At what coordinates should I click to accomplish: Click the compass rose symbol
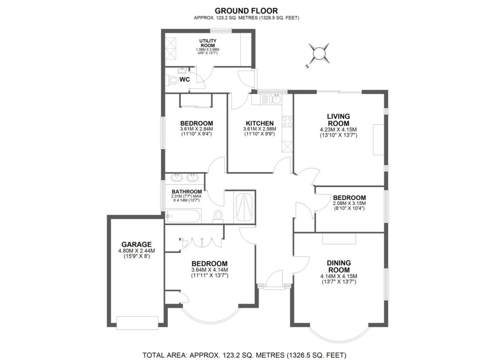pyautogui.click(x=319, y=53)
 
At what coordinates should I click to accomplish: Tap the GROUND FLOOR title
pyautogui.click(x=247, y=11)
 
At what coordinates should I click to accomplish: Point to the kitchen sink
pyautogui.click(x=275, y=99)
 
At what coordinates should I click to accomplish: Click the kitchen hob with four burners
pyautogui.click(x=288, y=121)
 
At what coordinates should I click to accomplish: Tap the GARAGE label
pyautogui.click(x=136, y=245)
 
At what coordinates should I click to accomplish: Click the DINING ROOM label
pyautogui.click(x=339, y=266)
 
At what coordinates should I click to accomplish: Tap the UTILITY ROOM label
pyautogui.click(x=208, y=43)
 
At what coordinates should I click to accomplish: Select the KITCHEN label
pyautogui.click(x=260, y=123)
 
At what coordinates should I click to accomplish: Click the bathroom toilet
pyautogui.click(x=218, y=216)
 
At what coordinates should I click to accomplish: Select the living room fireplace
pyautogui.click(x=378, y=140)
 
